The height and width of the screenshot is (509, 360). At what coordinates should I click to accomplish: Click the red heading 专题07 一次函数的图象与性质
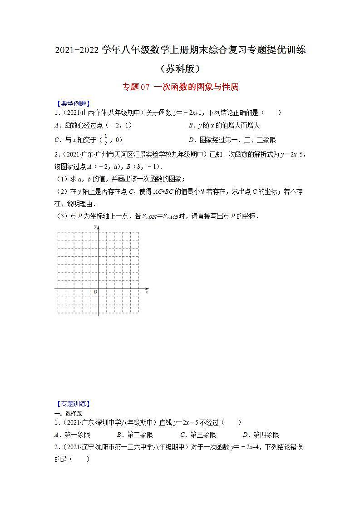point(180,87)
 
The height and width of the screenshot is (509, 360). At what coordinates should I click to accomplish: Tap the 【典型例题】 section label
point(72,103)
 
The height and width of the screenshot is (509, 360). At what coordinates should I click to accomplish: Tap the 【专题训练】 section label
point(72,403)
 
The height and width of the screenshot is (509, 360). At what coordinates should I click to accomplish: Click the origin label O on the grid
point(95,292)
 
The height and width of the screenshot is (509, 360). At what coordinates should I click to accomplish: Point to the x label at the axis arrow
point(147,292)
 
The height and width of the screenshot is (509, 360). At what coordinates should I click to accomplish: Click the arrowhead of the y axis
point(98,226)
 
